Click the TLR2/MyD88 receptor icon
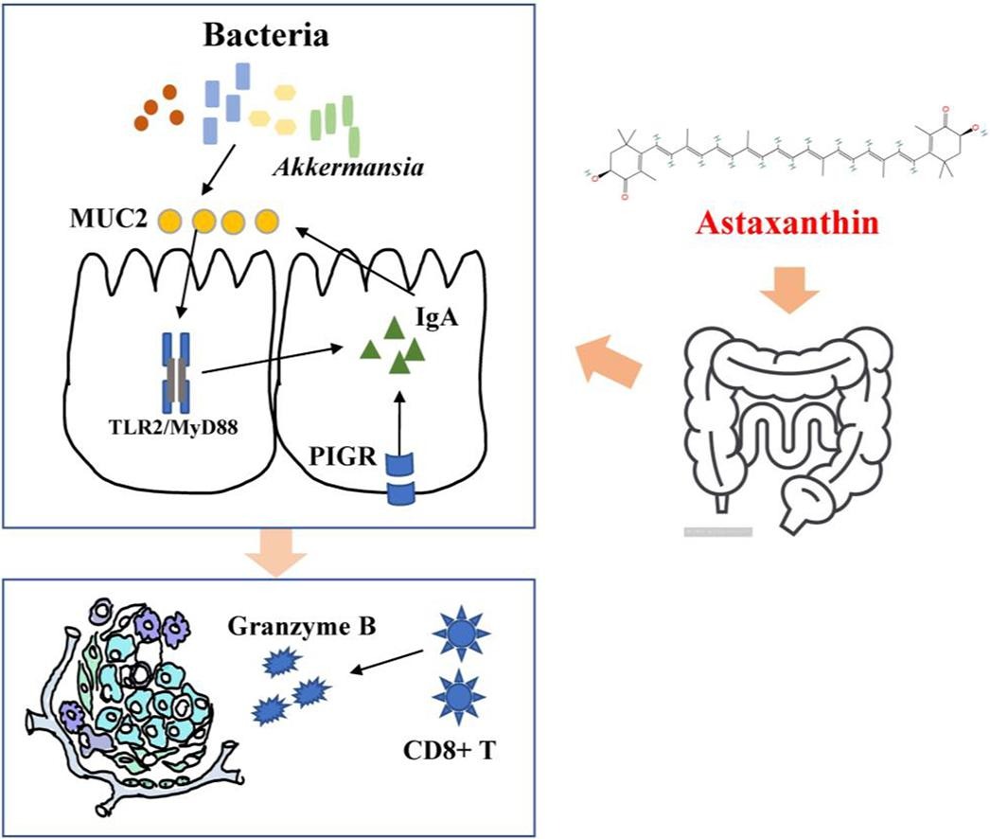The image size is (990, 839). pyautogui.click(x=178, y=371)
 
